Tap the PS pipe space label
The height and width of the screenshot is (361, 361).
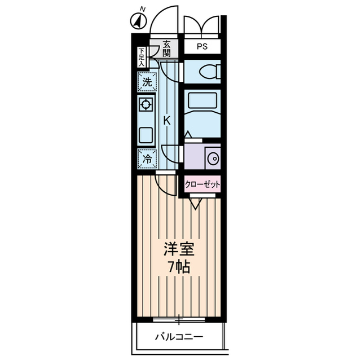coord(201,47)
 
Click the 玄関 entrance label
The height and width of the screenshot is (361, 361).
coord(166,48)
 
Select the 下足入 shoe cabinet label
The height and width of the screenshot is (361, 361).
coord(142,57)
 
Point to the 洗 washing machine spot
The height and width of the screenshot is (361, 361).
coord(147,81)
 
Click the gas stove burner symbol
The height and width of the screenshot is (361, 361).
coord(146,105)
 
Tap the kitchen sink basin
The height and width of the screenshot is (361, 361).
coord(146,135)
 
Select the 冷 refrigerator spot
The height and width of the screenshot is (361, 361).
coord(147,159)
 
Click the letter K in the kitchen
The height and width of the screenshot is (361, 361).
coord(167,120)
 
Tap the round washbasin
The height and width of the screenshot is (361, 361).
coord(213,158)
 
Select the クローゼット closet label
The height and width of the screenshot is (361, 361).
coord(201,184)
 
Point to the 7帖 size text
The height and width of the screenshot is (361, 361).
coord(178,266)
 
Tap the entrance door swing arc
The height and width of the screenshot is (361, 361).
coord(164,17)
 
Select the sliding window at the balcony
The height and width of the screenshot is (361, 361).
coord(178,320)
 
